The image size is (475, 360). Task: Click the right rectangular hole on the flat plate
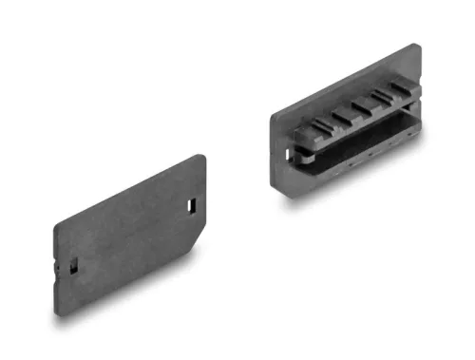click(193, 204)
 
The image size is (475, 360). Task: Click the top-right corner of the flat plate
click(203, 157)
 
